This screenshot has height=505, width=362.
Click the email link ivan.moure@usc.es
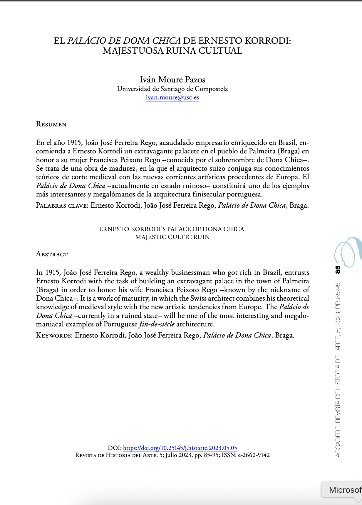pos(172,98)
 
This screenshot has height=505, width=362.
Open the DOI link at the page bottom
pos(180,448)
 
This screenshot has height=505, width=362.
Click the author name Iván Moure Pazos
pos(172,79)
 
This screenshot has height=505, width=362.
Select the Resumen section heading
pos(51,124)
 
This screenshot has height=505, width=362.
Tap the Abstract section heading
pos(52,254)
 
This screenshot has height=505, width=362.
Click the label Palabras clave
pos(62,205)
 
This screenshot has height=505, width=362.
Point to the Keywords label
pos(54,335)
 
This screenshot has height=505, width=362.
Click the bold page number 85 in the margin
pos(338,270)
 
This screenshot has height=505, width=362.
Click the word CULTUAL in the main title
pos(220,51)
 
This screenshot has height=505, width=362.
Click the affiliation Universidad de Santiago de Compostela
pos(172,89)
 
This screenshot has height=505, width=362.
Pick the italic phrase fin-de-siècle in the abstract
pos(157,324)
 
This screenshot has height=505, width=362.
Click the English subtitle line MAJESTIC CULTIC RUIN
pos(172,237)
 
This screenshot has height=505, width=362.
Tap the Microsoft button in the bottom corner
pos(344,490)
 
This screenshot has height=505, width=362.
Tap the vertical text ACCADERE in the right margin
pos(338,444)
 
